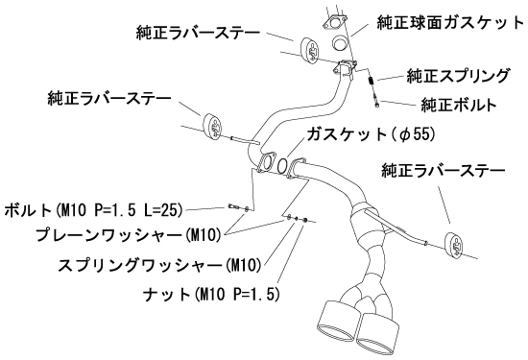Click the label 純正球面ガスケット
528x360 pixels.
tap(450, 23)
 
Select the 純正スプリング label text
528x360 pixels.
tap(458, 76)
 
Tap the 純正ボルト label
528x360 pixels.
tap(459, 105)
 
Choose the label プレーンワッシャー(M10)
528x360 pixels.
tap(128, 235)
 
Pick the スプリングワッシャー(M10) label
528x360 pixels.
tap(159, 265)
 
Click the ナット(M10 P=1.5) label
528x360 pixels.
tap(211, 295)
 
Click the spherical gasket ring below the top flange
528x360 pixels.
tap(341, 42)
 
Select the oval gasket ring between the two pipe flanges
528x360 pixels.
tap(283, 165)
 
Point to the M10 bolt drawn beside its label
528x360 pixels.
tap(233, 206)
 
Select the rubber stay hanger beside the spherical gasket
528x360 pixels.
tap(310, 50)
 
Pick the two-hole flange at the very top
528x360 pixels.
tap(335, 23)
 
